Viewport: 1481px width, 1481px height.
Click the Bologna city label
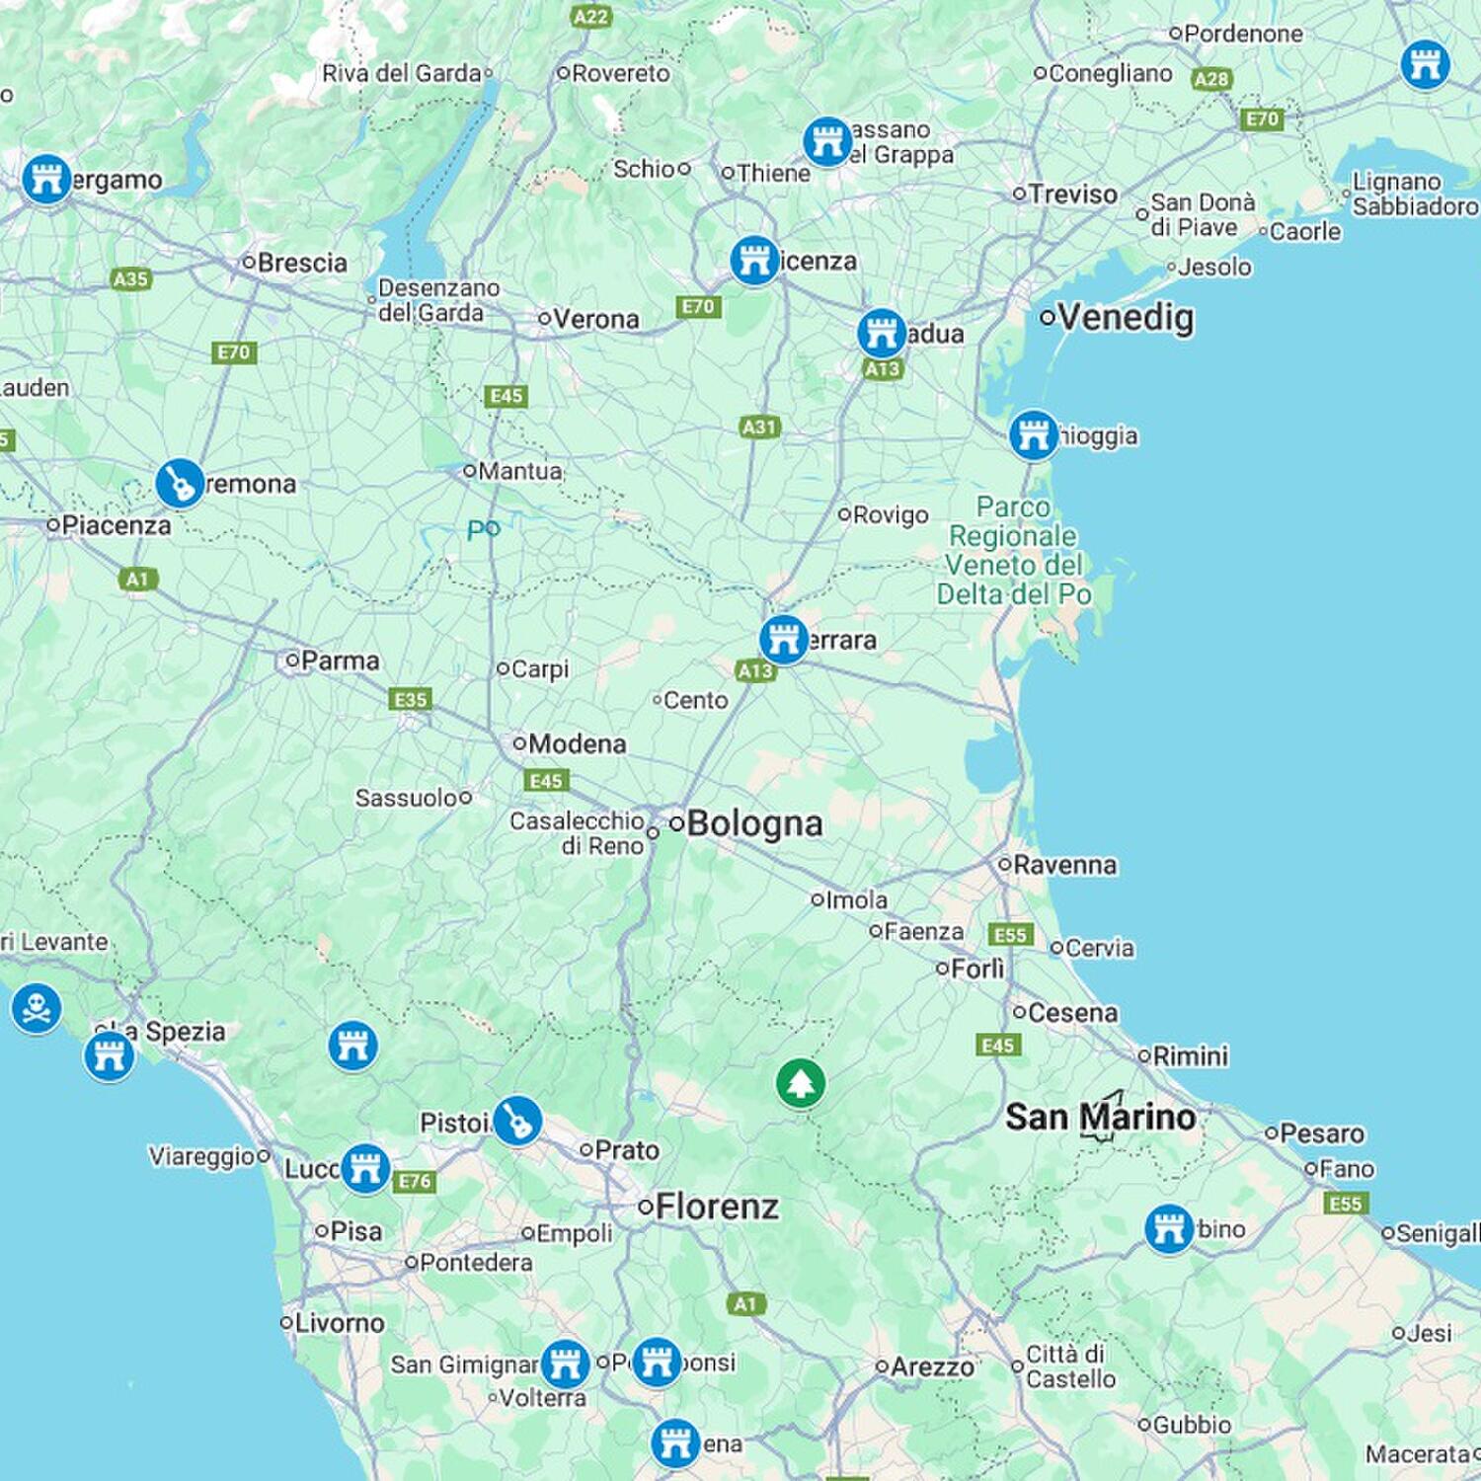click(754, 823)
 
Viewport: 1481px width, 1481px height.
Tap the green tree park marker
click(800, 1083)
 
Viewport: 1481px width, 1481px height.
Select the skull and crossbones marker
click(37, 1008)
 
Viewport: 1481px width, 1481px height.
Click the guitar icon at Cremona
click(180, 484)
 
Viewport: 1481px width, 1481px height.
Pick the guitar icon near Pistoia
click(516, 1121)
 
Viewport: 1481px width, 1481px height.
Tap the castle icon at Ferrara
click(784, 640)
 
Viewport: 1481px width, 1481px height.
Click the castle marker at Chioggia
click(1034, 434)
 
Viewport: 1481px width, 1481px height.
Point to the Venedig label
click(1126, 318)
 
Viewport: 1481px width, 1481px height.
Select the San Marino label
click(1100, 1118)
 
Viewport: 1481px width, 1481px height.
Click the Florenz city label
click(717, 1207)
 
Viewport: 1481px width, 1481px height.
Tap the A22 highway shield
click(591, 16)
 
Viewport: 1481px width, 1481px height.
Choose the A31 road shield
click(759, 427)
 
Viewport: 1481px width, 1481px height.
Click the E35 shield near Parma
click(411, 699)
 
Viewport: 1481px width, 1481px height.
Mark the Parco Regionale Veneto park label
click(1014, 550)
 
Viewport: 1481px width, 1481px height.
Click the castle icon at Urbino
click(1169, 1228)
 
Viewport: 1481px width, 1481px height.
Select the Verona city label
click(595, 319)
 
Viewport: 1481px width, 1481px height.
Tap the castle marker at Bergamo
click(46, 179)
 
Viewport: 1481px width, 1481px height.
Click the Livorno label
click(340, 1323)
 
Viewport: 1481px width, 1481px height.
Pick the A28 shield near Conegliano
click(1211, 79)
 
